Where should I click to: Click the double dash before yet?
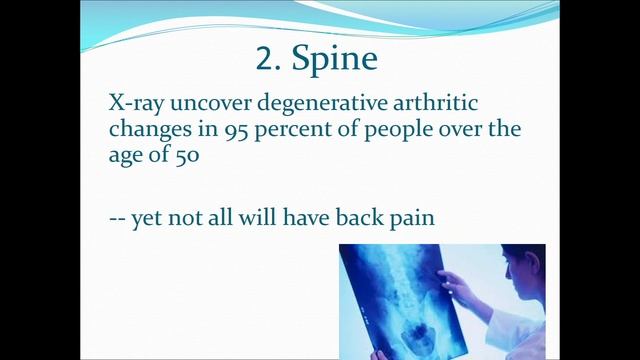tap(117, 218)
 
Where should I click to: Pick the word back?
tap(361, 217)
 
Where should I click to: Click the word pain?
tap(412, 218)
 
